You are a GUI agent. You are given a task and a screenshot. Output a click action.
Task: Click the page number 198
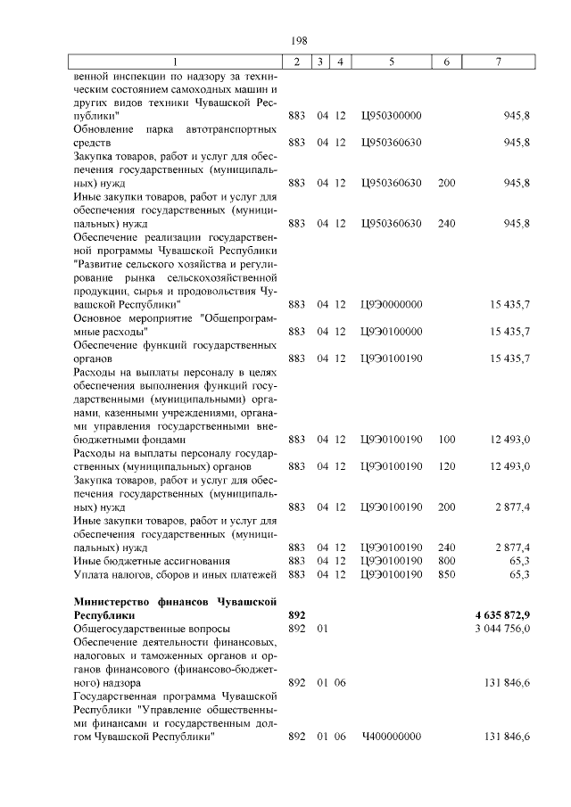point(299,40)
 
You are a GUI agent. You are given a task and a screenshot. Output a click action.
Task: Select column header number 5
point(392,61)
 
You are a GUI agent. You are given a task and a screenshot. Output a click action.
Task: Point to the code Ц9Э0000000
point(392,304)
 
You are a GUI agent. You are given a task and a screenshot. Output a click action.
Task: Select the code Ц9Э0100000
point(392,331)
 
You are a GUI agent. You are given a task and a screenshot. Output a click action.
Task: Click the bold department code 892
point(298,615)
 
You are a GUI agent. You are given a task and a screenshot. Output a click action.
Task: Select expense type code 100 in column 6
point(447,439)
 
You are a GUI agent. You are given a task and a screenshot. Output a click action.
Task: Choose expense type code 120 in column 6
point(447,465)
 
